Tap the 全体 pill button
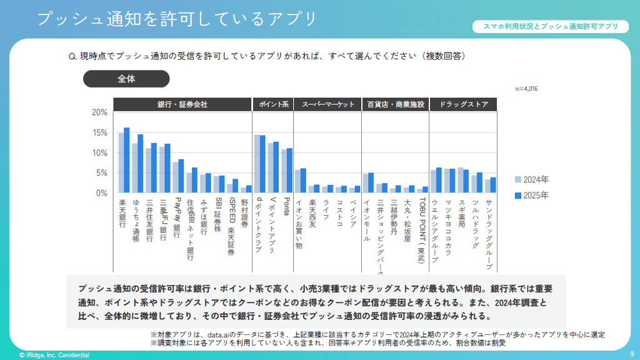click(x=126, y=79)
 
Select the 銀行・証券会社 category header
click(x=182, y=104)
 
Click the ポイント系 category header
click(x=272, y=104)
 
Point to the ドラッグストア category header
click(x=463, y=104)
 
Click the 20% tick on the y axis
click(x=99, y=112)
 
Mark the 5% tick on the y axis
click(x=101, y=173)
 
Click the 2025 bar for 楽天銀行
click(x=126, y=161)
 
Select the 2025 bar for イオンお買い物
click(x=303, y=181)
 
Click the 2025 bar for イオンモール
click(x=371, y=182)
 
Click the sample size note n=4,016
click(x=526, y=89)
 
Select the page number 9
click(x=631, y=354)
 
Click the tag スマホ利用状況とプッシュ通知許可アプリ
click(x=551, y=27)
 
